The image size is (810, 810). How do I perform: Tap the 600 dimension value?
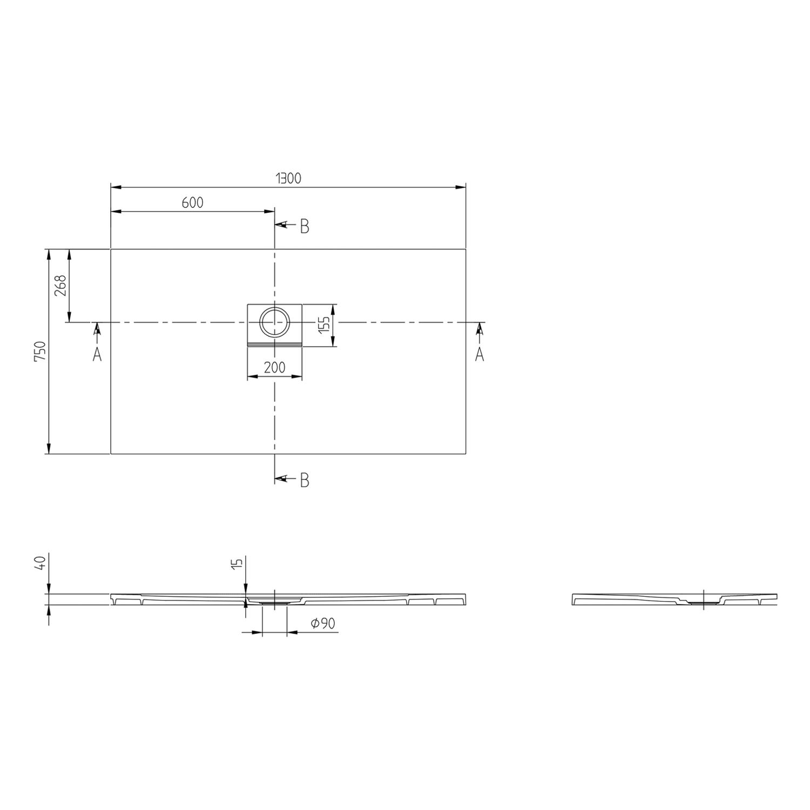click(x=193, y=202)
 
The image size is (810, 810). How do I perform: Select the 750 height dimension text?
click(x=42, y=352)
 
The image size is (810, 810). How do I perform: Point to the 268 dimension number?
click(x=60, y=285)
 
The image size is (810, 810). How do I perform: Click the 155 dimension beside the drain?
click(x=324, y=326)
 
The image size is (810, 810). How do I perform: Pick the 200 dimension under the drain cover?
click(x=275, y=368)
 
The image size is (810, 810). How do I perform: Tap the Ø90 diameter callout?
click(x=323, y=624)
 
